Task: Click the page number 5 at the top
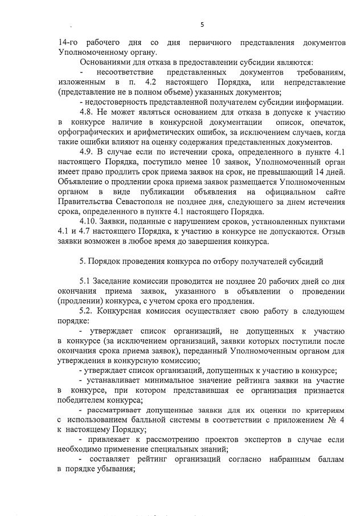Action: tap(202, 24)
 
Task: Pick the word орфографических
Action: tap(88, 132)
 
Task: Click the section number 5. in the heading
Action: tap(83, 262)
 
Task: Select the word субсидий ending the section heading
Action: tap(308, 262)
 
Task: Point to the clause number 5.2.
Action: tap(87, 312)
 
